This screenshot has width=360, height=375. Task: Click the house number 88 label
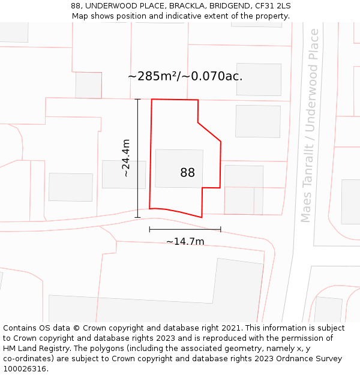coord(187,173)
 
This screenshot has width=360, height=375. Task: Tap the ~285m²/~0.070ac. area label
coord(185,76)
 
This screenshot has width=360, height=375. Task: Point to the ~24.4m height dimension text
coord(125,158)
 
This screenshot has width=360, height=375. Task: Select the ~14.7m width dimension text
coord(185,241)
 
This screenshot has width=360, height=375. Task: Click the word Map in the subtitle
coord(80,16)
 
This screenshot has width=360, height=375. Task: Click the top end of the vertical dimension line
coord(137,99)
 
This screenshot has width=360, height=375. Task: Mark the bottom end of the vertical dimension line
coord(137,217)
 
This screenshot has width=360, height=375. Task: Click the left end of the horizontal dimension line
coord(149,229)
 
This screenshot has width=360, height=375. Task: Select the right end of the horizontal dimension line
coord(221,229)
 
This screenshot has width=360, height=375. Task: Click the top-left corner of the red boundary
coord(152,100)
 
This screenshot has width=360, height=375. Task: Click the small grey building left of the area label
coord(88,85)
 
